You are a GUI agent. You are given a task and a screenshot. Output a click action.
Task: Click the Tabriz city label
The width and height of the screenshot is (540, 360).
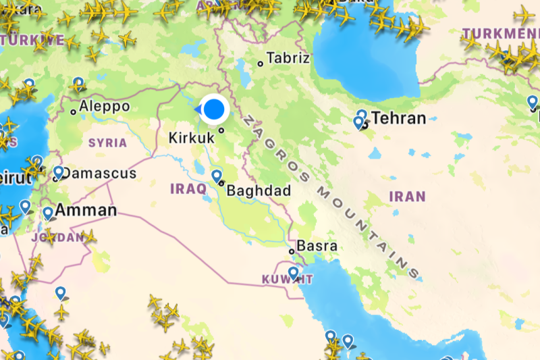pyautogui.click(x=288, y=58)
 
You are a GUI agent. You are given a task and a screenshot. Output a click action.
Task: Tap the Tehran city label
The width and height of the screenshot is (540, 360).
pyautogui.click(x=399, y=119)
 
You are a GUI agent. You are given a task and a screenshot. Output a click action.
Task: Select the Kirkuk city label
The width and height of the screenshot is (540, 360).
pyautogui.click(x=191, y=138)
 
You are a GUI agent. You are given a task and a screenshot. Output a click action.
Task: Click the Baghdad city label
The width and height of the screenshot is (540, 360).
pyautogui.click(x=259, y=191)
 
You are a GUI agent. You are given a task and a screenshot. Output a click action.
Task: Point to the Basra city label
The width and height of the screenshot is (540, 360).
pyautogui.click(x=317, y=246)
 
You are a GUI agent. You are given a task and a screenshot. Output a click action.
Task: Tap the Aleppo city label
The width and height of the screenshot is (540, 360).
pyautogui.click(x=104, y=106)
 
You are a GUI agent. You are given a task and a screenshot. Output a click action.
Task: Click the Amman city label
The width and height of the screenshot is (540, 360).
pyautogui.click(x=86, y=210)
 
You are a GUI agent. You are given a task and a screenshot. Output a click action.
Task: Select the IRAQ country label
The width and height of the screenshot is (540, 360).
pyautogui.click(x=188, y=189)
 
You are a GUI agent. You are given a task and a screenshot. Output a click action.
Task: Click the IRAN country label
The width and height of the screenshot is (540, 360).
pyautogui.click(x=408, y=197)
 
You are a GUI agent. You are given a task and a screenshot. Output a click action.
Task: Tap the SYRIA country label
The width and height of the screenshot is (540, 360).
pyautogui.click(x=108, y=143)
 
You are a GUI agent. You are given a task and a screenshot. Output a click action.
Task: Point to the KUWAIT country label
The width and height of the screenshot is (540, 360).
pyautogui.click(x=288, y=278)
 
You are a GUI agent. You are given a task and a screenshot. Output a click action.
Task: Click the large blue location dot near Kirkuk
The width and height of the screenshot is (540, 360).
pyautogui.click(x=215, y=109)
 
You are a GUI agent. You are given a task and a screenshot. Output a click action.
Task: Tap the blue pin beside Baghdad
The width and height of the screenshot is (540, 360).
pyautogui.click(x=217, y=176)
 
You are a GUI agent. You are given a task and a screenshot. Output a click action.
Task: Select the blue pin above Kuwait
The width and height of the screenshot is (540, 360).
pyautogui.click(x=293, y=272)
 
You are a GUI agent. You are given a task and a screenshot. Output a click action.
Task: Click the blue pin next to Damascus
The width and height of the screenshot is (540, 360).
pyautogui.click(x=59, y=172)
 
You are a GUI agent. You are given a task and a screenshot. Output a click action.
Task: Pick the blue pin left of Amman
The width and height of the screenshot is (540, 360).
pyautogui.click(x=48, y=213)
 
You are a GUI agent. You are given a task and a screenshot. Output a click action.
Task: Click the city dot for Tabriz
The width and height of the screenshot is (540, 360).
pyautogui.click(x=261, y=64)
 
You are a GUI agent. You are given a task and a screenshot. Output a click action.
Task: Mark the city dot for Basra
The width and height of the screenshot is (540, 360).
pyautogui.click(x=291, y=251)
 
